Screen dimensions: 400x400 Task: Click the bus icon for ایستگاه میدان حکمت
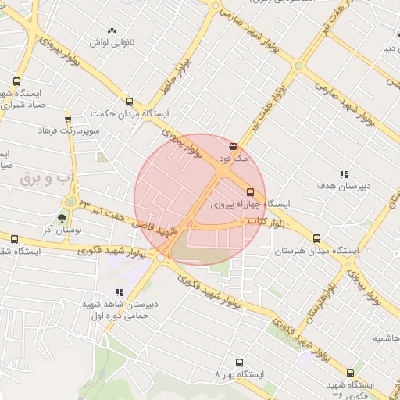pos(130,102)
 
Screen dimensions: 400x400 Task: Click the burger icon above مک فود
pos(233,146)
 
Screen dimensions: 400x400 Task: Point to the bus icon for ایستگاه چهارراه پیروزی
pos(250,191)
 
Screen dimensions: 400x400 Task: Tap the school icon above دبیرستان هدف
pos(343,174)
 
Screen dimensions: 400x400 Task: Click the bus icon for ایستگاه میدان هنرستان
pos(316,239)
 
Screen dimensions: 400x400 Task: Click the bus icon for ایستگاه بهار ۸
pos(239,362)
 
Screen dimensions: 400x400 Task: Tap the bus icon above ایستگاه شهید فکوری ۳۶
pos(349,373)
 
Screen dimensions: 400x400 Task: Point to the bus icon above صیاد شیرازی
pos(17,81)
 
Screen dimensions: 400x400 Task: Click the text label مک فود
pos(233,159)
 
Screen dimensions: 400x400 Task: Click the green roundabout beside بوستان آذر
pos(71,202)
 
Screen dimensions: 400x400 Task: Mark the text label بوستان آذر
pos(60,230)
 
